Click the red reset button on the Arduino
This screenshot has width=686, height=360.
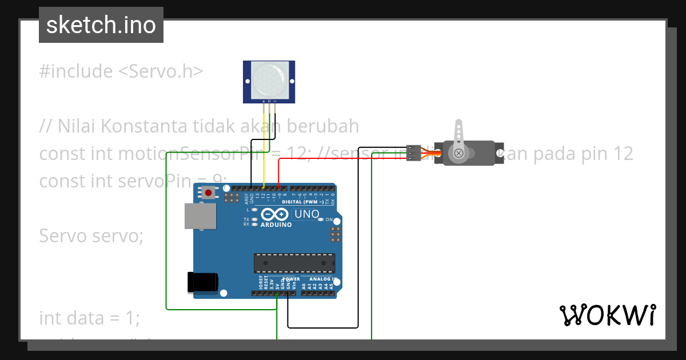pos(208,193)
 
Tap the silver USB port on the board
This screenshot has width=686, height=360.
pos(201,215)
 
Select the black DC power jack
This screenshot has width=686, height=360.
pos(203,282)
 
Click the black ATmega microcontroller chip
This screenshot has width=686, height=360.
pos(294,263)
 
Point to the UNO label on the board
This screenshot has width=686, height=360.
pos(306,214)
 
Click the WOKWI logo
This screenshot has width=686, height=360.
pos(607,315)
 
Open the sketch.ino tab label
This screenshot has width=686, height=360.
pos(101,25)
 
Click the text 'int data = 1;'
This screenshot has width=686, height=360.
pos(89,318)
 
